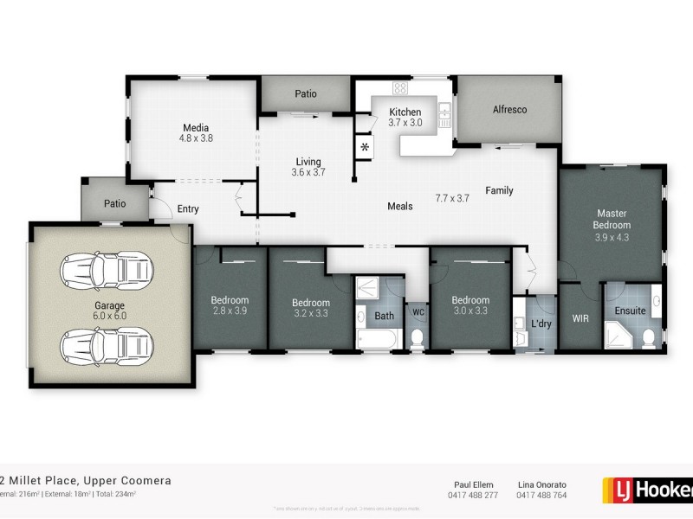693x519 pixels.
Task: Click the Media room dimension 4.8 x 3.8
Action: (x=196, y=138)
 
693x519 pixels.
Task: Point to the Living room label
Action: (x=308, y=162)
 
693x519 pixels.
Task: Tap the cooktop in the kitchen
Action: (x=400, y=88)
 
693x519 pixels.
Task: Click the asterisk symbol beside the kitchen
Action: (x=365, y=148)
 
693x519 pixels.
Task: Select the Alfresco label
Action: (x=509, y=110)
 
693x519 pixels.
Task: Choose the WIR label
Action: (x=580, y=318)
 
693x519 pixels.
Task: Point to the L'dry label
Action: (x=541, y=324)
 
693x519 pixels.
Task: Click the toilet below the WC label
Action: (x=417, y=336)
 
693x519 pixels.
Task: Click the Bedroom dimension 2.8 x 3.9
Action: (x=230, y=311)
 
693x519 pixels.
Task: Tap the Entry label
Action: (x=188, y=208)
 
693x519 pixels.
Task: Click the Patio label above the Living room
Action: (x=305, y=93)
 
